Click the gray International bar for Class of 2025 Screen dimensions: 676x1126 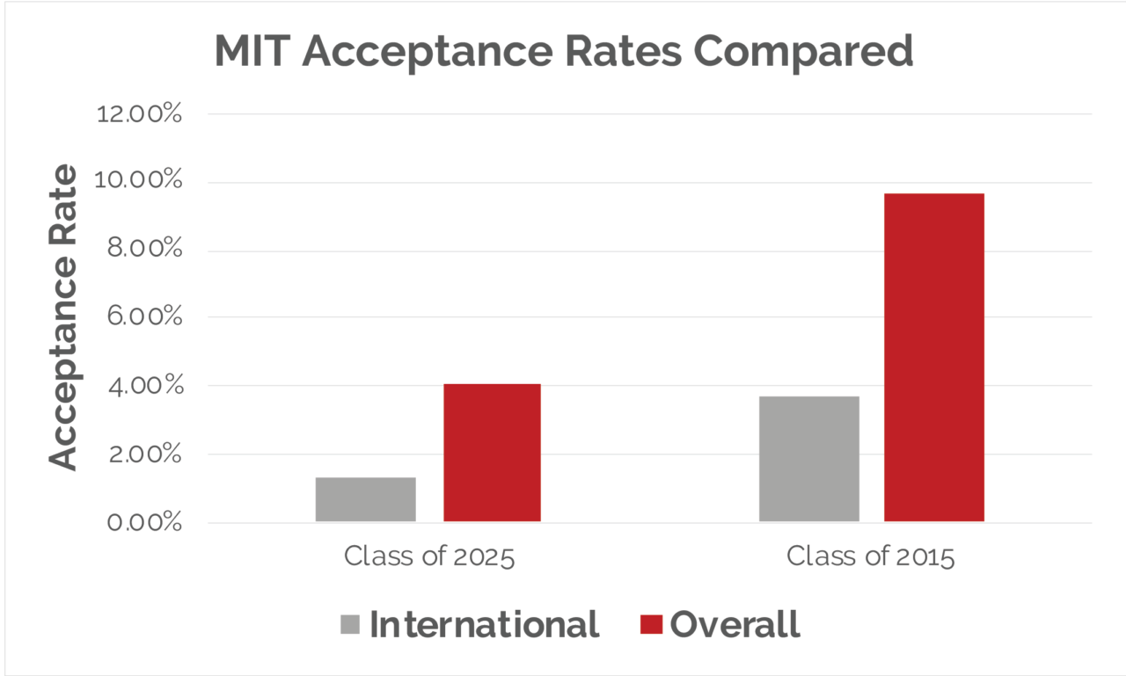click(365, 499)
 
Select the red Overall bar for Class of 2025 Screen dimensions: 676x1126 click(492, 453)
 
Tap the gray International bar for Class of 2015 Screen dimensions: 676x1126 click(808, 459)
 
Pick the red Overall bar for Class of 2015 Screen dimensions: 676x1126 click(933, 357)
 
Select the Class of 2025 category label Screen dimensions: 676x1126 click(428, 557)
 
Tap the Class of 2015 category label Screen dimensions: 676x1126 click(870, 557)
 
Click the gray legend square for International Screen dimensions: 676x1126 click(350, 624)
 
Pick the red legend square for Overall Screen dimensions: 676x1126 click(651, 624)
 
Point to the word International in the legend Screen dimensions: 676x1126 click(484, 624)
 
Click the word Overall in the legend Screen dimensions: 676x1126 click(735, 624)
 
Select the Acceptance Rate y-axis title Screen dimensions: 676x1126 click(63, 317)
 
